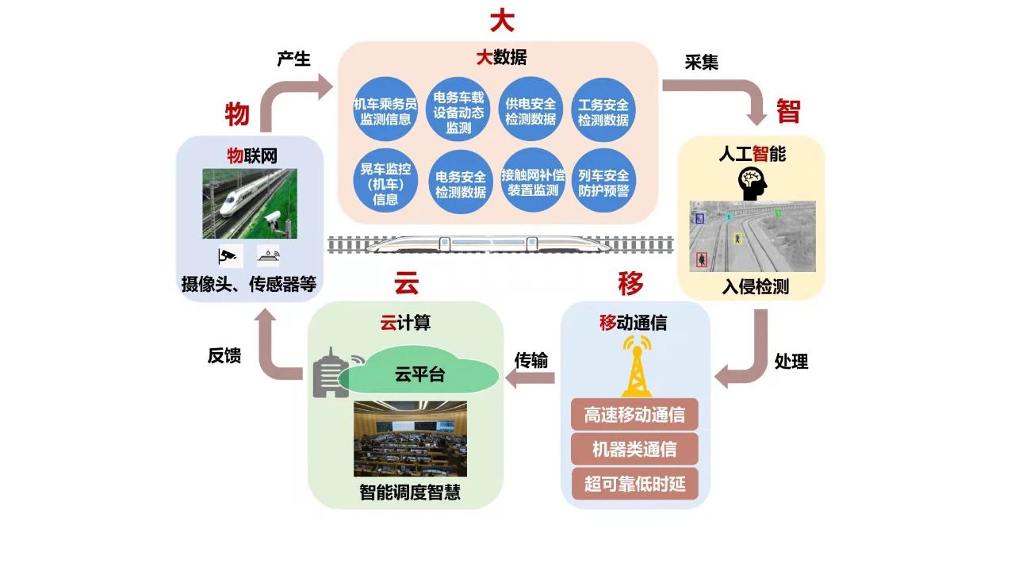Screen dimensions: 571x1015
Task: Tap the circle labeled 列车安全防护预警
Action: [603, 183]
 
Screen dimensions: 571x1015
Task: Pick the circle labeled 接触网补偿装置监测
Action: [532, 183]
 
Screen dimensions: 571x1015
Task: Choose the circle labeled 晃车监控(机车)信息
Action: [385, 183]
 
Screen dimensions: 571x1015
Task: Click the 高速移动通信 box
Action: [634, 415]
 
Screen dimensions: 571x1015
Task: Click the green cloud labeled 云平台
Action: [420, 374]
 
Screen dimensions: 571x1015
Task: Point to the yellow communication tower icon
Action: [635, 366]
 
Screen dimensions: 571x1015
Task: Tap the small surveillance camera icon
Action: [228, 255]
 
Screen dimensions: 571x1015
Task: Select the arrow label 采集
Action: [701, 63]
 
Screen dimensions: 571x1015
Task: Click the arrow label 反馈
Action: [224, 356]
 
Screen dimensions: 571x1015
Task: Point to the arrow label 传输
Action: [531, 360]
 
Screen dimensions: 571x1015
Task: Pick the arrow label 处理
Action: [791, 362]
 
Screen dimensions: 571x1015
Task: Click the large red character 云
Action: [407, 283]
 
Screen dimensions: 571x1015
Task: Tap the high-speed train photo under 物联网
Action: [249, 203]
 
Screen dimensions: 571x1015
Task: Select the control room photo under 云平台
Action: [410, 439]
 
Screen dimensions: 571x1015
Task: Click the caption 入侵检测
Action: [755, 286]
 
